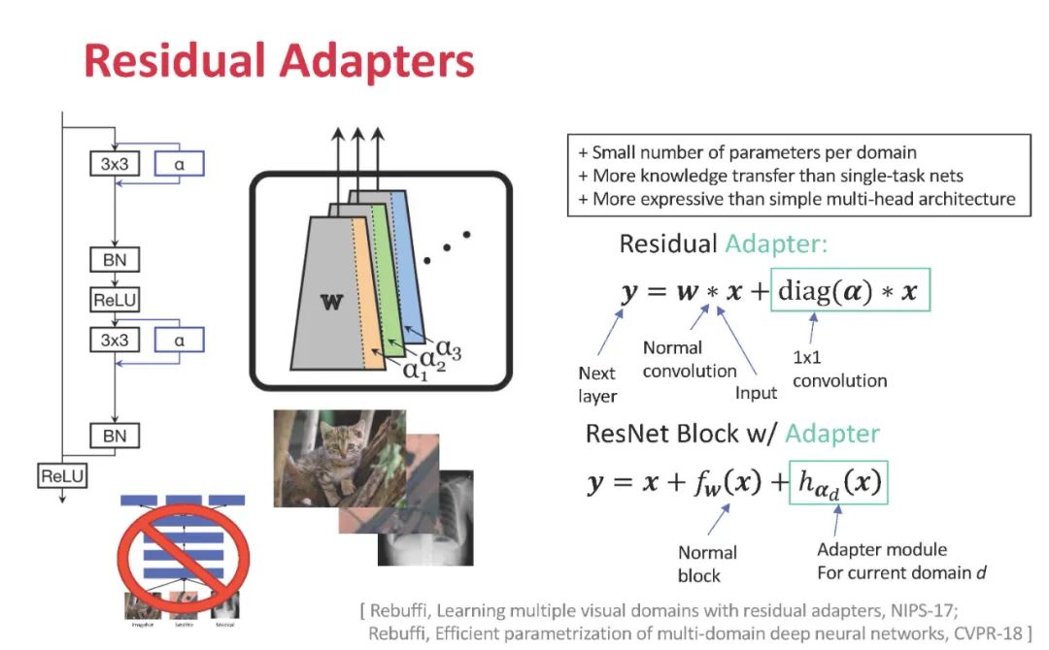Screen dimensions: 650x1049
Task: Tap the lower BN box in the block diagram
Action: tap(115, 436)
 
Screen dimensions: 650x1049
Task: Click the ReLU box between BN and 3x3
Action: tap(115, 300)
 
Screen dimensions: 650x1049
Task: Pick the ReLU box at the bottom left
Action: tap(62, 476)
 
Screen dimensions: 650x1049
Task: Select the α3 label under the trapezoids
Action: tap(448, 350)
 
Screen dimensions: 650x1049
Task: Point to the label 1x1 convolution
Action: tap(838, 371)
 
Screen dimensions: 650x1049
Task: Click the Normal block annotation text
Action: tap(707, 564)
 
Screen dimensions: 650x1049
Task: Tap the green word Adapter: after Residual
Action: tap(776, 244)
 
